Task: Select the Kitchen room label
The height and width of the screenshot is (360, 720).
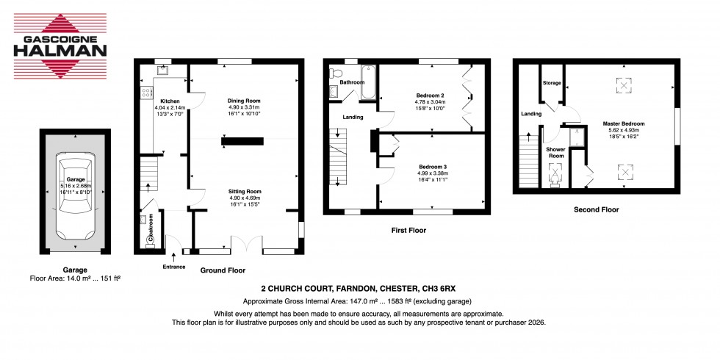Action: pos(170,101)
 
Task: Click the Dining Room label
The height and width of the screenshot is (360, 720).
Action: pos(244,101)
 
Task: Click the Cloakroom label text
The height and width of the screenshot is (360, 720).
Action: pos(149,228)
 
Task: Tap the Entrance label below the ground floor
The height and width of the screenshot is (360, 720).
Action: pos(175,267)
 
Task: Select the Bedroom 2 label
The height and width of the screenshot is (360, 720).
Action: pos(431,96)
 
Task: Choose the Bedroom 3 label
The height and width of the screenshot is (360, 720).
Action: pos(431,166)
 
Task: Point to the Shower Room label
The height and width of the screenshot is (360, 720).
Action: pos(555,152)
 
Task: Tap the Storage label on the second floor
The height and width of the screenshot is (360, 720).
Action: pos(552,83)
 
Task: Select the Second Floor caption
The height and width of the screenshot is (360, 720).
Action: pos(596,209)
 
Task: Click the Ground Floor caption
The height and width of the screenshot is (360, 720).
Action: pos(223,270)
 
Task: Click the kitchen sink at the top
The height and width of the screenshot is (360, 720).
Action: pos(161,71)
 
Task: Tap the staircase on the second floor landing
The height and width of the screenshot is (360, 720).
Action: pos(528,161)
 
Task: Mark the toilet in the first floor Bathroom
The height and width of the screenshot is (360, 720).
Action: pos(336,73)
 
